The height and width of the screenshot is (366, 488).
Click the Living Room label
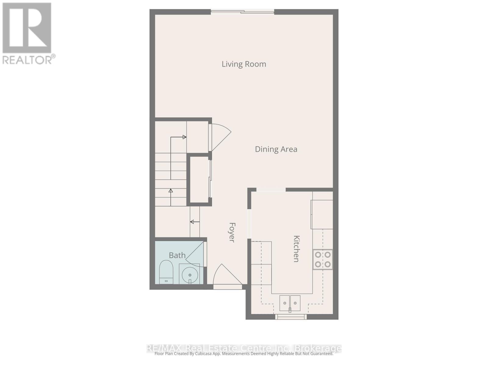(244, 64)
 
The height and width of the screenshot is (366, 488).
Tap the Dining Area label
(276, 149)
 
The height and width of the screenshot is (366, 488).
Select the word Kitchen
(296, 249)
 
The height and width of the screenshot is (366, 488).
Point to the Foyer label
(232, 232)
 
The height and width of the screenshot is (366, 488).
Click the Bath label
(177, 255)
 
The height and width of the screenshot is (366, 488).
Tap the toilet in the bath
(166, 271)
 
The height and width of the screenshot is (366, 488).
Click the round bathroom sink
(189, 274)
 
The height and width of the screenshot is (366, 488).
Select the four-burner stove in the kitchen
(323, 260)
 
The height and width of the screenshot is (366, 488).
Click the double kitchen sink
(290, 303)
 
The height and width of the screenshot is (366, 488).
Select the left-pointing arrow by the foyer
(195, 222)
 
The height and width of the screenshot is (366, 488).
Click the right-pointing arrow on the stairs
(184, 137)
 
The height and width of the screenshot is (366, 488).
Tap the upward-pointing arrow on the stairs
(171, 191)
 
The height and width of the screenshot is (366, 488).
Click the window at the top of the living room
(242, 12)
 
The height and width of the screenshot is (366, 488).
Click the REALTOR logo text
(29, 59)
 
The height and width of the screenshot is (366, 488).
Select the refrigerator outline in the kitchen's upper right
(322, 214)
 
